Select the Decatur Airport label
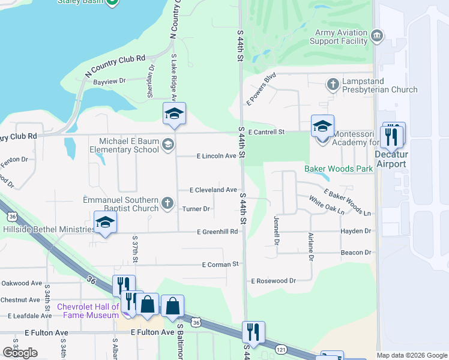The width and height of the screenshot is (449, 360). click(x=391, y=158)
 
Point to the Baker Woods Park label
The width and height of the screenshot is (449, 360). click(x=339, y=169)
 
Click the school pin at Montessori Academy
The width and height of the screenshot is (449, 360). click(x=322, y=127)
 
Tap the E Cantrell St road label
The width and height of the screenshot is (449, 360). click(x=265, y=131)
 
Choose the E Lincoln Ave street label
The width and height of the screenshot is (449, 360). click(x=217, y=156)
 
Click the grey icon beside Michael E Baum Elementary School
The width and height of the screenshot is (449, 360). click(x=167, y=143)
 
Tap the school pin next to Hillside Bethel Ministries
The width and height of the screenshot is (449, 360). click(x=106, y=223)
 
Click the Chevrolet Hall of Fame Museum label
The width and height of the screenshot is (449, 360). click(x=88, y=311)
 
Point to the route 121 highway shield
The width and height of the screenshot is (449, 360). click(x=280, y=348)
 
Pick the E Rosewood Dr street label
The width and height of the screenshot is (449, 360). click(x=274, y=280)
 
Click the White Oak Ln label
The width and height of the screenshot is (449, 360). click(x=327, y=205)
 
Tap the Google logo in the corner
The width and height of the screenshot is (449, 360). click(x=20, y=352)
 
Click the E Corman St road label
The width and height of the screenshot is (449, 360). click(x=220, y=264)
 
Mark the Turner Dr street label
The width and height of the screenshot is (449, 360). click(x=196, y=209)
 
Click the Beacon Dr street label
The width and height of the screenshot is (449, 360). click(x=357, y=253)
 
